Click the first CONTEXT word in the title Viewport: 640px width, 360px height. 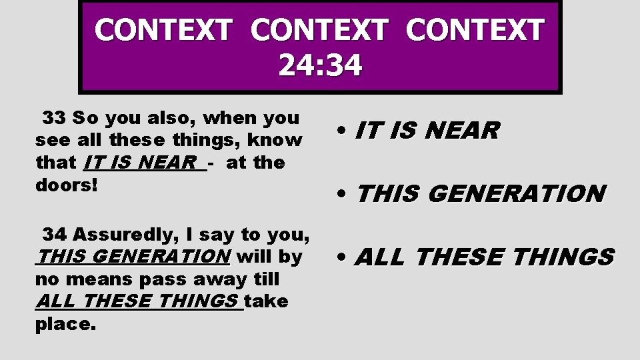pos(163,31)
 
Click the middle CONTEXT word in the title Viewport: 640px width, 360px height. pos(319,31)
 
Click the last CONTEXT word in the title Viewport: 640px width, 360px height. pos(475,31)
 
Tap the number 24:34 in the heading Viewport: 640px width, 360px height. pos(320,65)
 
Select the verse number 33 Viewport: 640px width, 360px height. pos(54,119)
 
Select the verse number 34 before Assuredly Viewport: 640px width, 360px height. pos(55,235)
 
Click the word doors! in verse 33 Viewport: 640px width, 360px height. pos(66,184)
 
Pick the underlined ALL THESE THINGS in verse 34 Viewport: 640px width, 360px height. pos(137,301)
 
